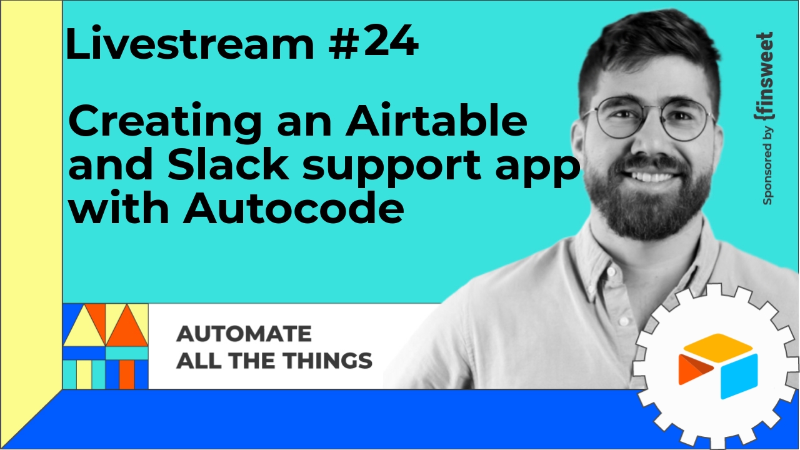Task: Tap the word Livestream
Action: point(189,43)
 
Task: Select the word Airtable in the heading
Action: point(436,121)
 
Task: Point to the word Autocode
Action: point(294,206)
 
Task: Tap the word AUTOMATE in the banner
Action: point(244,334)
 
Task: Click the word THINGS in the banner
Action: point(329,361)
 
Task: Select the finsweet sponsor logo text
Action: point(764,77)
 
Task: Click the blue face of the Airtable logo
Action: point(739,376)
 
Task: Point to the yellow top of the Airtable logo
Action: point(718,344)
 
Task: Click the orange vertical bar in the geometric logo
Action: point(127,374)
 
